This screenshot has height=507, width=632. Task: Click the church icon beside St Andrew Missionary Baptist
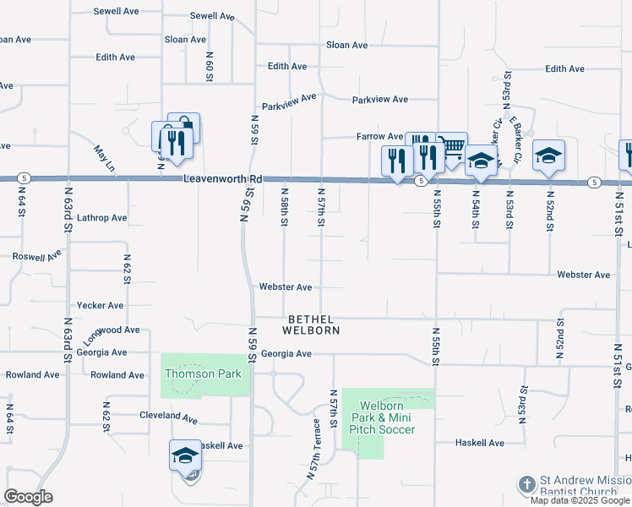526,484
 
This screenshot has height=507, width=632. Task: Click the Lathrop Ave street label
101,218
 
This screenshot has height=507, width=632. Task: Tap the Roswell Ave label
37,255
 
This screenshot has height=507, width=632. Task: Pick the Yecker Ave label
100,306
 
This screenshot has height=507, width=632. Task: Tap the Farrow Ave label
379,136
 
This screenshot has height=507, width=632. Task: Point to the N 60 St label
209,66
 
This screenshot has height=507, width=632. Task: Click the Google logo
28,496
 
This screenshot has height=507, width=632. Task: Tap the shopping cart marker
454,148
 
